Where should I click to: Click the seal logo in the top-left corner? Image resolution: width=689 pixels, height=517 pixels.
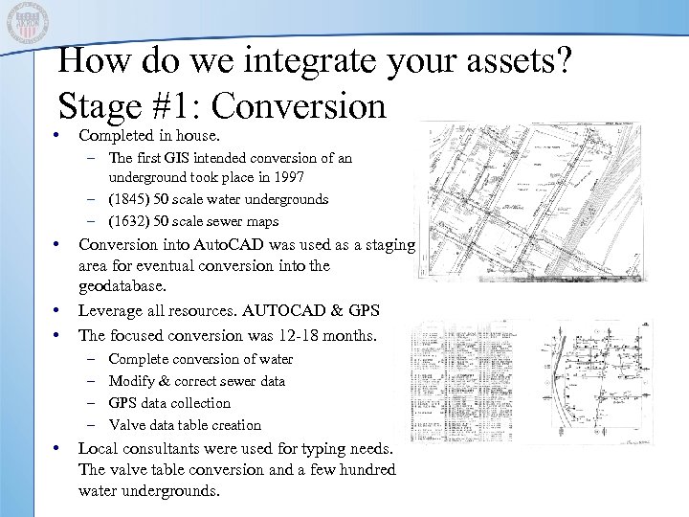pos(27,26)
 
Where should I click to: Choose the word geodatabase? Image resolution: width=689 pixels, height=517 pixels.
pos(122,286)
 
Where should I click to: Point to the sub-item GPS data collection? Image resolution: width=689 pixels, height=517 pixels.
pos(169,403)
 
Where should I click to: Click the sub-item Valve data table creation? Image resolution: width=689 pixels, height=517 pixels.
pos(185,425)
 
